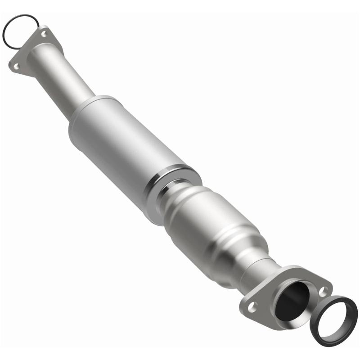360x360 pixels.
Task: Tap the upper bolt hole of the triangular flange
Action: tap(44, 33)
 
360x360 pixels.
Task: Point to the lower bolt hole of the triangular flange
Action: tap(16, 66)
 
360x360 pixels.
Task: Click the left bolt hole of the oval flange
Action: tap(253, 307)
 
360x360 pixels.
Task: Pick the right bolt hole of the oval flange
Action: tap(323, 292)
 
